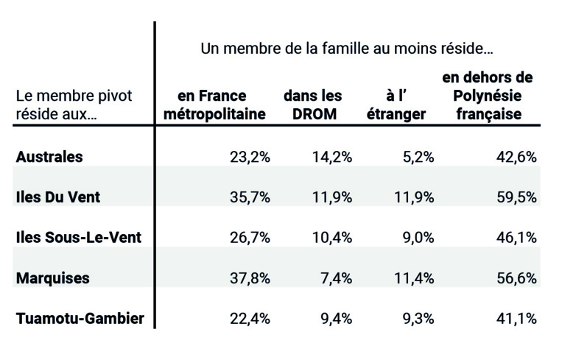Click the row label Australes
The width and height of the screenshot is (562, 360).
click(49, 157)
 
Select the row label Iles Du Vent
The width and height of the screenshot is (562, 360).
click(58, 197)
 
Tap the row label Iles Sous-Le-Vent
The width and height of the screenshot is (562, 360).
click(78, 238)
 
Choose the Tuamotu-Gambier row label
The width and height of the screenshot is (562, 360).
click(80, 319)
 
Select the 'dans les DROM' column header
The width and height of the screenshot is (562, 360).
click(312, 105)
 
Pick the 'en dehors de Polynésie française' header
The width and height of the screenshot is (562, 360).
click(488, 96)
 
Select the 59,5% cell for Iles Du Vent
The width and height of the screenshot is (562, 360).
click(516, 197)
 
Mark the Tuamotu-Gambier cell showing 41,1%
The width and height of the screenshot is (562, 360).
click(516, 319)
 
